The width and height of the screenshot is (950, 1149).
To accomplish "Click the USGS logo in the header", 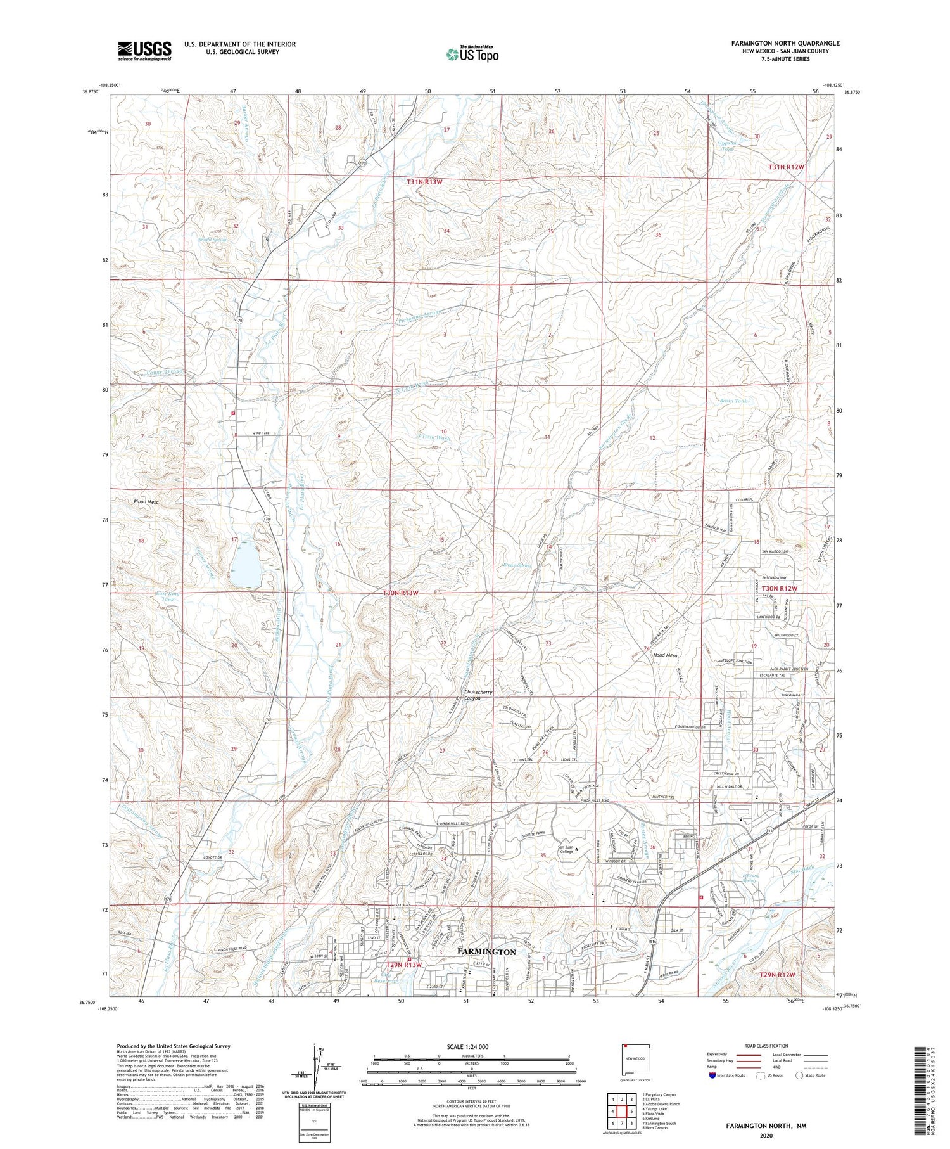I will tap(144, 50).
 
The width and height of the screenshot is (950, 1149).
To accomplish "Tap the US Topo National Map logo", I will tap(472, 54).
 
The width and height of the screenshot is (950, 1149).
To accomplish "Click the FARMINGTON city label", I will tap(486, 951).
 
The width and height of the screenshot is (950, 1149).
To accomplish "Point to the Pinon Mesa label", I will tap(146, 501).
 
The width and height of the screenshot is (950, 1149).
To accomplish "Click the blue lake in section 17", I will tap(246, 566).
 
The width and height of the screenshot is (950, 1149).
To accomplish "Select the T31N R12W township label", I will tap(786, 167).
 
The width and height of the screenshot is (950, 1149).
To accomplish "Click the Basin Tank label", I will tap(733, 401).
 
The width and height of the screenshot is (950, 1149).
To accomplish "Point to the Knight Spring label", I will tap(213, 240).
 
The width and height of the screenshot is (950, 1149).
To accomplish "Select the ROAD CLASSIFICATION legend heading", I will tap(766, 1046).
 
